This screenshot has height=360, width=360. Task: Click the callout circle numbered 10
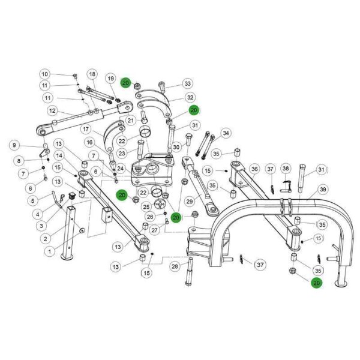(45, 74)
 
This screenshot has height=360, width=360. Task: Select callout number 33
(188, 83)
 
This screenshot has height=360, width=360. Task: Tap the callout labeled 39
(323, 190)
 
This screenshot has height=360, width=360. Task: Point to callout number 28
(175, 266)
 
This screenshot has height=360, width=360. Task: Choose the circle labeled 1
(50, 251)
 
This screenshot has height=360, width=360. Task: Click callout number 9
(14, 145)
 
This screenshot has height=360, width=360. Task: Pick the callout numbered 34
(226, 133)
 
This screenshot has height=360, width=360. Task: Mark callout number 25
(146, 207)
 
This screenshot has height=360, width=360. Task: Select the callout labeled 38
(286, 169)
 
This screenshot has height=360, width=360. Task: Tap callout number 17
(86, 129)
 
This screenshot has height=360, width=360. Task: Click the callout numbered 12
(52, 111)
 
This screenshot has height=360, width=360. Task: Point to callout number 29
(190, 202)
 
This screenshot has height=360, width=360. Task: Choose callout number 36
(254, 169)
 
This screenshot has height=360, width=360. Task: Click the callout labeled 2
(46, 239)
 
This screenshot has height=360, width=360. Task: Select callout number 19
(110, 79)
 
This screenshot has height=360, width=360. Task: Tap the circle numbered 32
(190, 97)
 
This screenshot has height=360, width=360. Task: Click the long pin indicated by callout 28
(189, 272)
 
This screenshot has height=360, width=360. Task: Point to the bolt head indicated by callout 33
(161, 85)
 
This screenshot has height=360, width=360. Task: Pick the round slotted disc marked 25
(160, 204)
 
